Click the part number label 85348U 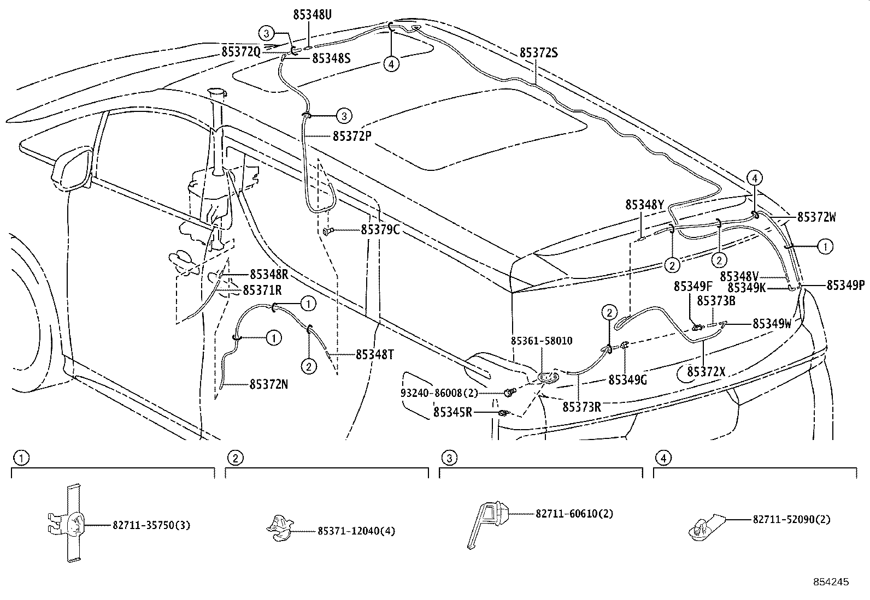coord(312,15)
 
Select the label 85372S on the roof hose coord(538,52)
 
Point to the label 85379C coord(380,230)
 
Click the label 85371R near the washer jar coord(262,289)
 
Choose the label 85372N coord(269,384)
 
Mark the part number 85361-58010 coord(542,341)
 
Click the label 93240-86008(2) coord(439,393)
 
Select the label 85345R coord(453,412)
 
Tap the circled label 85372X coord(706,372)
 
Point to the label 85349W coord(772,323)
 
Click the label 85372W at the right coord(816,217)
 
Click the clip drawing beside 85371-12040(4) coord(280,528)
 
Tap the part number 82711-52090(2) coord(791,520)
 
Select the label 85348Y coord(645,205)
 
